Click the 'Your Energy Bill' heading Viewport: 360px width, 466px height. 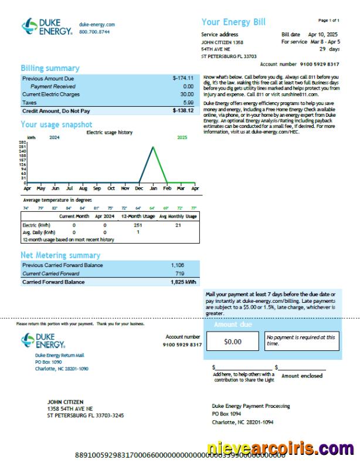coord(233,22)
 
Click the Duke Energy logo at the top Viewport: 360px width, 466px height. coord(47,26)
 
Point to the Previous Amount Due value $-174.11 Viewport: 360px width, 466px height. coord(183,78)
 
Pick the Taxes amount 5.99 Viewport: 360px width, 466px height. coord(188,102)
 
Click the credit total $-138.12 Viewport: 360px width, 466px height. coord(183,110)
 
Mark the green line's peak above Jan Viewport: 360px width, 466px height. coord(153,147)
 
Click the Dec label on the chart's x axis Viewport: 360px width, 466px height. coord(139,188)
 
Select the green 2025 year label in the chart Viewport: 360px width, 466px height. coord(182,137)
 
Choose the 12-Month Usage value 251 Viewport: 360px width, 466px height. coord(138,225)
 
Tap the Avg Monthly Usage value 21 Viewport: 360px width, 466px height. coord(178,225)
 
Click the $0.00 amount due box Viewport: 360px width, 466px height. coord(233,341)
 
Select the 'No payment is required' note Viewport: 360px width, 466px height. coord(301,340)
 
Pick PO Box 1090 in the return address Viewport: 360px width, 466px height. coord(48,362)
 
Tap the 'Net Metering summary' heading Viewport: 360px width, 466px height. coord(60,255)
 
